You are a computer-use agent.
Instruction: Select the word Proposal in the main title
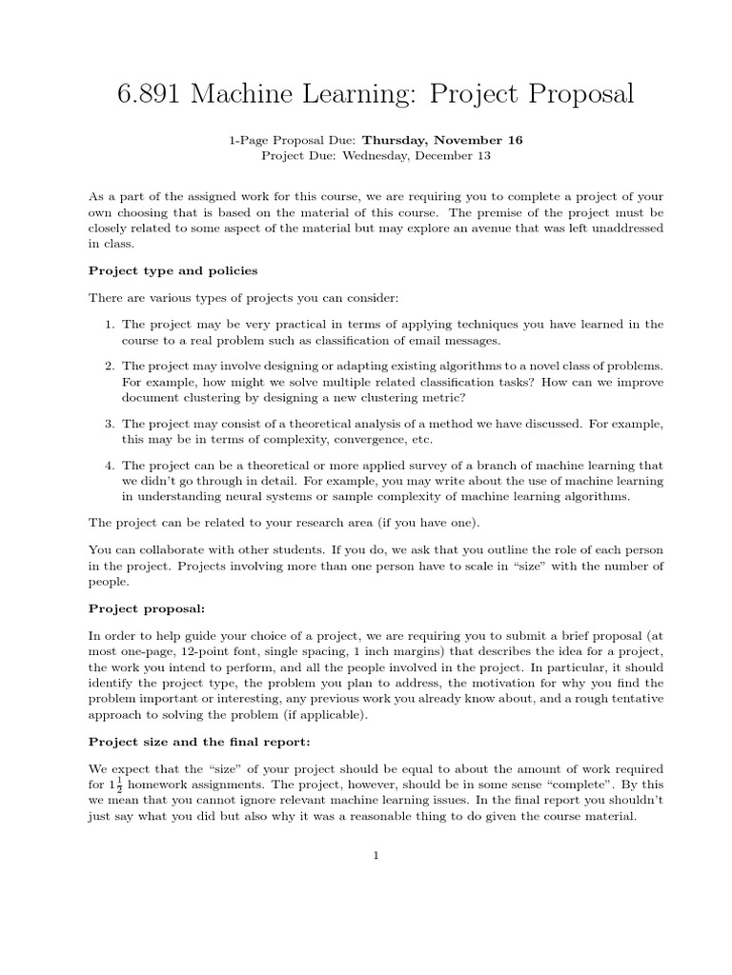point(563,95)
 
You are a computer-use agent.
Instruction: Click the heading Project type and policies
point(173,270)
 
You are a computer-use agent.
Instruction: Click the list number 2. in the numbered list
point(110,367)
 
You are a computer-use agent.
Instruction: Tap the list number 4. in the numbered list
point(110,466)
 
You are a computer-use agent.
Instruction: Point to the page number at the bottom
point(376,855)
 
